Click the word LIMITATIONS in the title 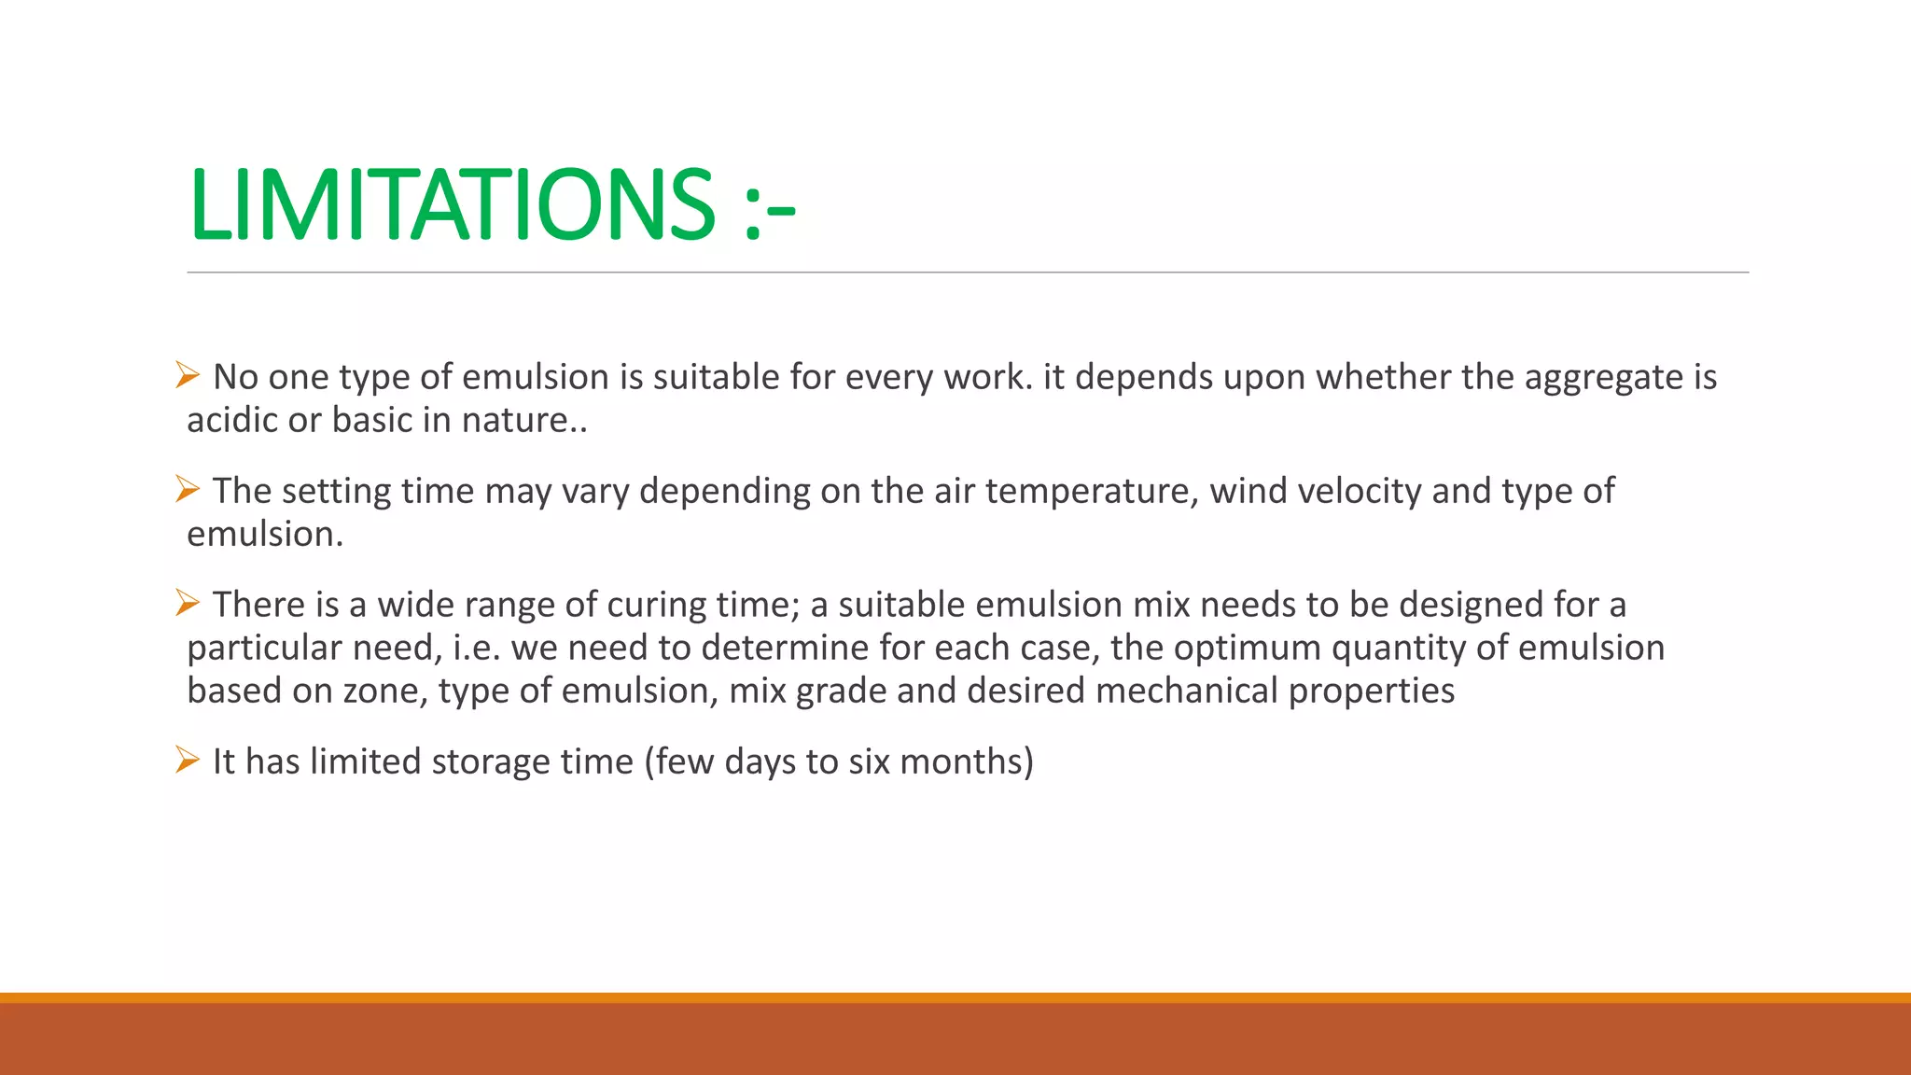click(x=452, y=203)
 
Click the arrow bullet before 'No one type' click(x=188, y=376)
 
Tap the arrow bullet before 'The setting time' click(x=188, y=489)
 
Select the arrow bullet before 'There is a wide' click(x=188, y=603)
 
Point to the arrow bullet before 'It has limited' click(x=188, y=761)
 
